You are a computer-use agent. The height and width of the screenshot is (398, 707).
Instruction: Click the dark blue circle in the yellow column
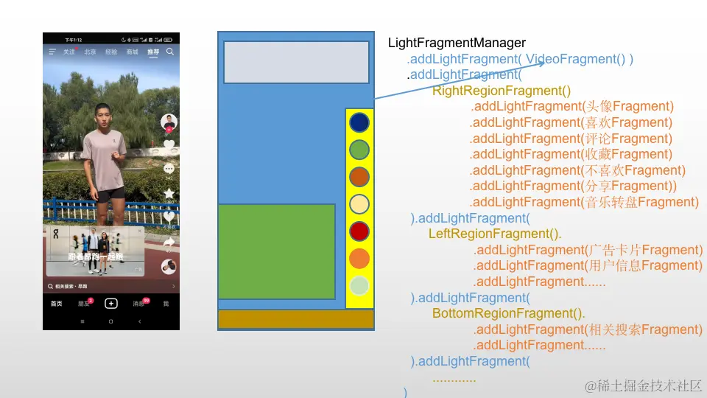[x=359, y=122]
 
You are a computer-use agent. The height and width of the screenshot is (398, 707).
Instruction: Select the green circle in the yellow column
[x=359, y=150]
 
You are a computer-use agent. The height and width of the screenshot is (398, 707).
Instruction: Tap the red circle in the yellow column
[x=359, y=231]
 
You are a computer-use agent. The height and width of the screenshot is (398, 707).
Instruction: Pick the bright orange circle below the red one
[x=359, y=259]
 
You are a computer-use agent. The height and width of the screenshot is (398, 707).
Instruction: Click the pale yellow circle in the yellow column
[x=359, y=204]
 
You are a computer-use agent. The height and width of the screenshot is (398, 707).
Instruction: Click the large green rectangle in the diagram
[x=277, y=251]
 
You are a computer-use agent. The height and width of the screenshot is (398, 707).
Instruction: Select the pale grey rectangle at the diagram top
[x=296, y=62]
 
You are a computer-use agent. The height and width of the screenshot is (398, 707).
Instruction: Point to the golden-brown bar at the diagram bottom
[x=296, y=319]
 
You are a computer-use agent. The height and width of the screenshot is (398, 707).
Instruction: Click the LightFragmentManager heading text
[x=457, y=43]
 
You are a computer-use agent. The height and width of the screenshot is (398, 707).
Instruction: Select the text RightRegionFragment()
[x=502, y=91]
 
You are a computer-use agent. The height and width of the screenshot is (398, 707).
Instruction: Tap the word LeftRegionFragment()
[x=495, y=234]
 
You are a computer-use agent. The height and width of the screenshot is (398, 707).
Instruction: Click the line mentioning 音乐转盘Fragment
[x=585, y=202]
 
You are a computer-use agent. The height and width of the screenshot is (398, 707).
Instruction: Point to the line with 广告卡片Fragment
[x=588, y=250]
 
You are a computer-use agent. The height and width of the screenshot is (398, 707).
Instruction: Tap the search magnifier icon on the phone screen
[x=170, y=52]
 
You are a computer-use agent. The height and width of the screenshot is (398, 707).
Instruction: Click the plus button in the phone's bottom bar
[x=110, y=303]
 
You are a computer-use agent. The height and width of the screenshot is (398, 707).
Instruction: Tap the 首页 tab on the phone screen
[x=56, y=304]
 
